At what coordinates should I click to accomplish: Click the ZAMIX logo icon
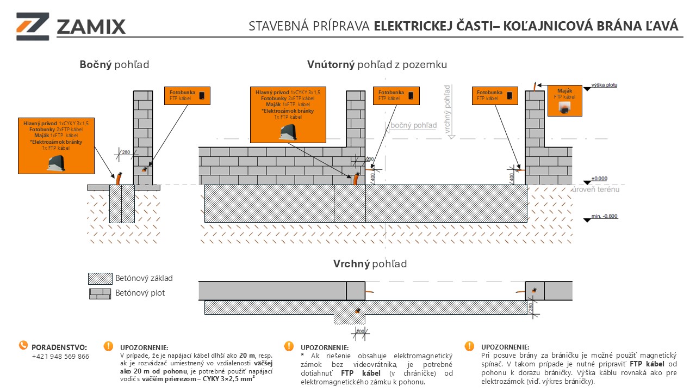[33, 26]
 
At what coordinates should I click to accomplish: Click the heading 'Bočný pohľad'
[114, 65]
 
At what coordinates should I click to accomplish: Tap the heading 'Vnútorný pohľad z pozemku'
[377, 65]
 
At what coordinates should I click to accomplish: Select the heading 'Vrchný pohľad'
[370, 264]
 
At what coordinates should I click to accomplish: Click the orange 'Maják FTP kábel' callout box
[565, 101]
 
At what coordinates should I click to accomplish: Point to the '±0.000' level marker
[599, 179]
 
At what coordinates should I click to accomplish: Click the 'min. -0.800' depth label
[604, 217]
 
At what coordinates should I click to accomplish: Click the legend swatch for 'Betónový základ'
[100, 278]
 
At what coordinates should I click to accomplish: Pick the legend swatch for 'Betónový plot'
[100, 293]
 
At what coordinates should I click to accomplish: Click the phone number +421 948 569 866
[60, 357]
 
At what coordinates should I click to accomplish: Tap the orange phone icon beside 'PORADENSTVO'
[23, 345]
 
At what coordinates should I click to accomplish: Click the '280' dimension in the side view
[126, 152]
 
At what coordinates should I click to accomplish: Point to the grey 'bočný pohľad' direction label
[413, 126]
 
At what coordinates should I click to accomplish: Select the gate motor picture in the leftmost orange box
[57, 162]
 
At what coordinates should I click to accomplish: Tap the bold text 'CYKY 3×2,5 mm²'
[225, 378]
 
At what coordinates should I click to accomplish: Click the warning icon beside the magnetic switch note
[469, 346]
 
